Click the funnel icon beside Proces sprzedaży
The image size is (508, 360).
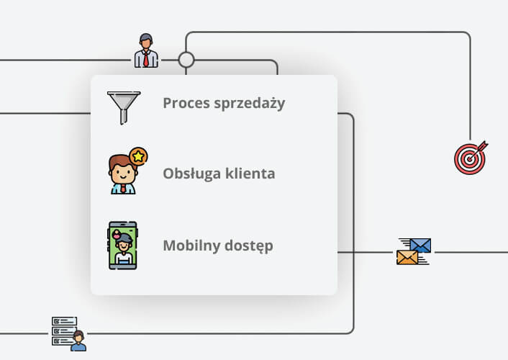[124, 108]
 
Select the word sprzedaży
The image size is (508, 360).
[250, 104]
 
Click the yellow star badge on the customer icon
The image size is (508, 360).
[138, 157]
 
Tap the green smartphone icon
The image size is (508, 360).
[123, 246]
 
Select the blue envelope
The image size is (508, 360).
[420, 246]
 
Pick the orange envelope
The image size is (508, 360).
[407, 258]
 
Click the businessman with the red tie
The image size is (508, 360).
[146, 50]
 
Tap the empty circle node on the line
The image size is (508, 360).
[186, 60]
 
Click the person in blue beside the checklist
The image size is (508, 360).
[78, 341]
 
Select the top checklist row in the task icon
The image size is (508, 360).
[65, 321]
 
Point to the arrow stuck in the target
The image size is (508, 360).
[478, 150]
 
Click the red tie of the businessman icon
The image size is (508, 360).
[146, 59]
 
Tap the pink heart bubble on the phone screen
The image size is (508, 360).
[117, 234]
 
